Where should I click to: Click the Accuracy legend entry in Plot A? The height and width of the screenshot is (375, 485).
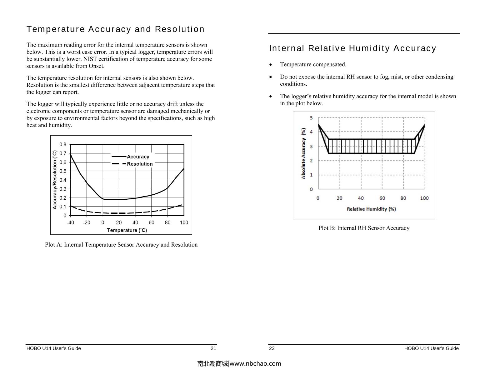click(x=138, y=157)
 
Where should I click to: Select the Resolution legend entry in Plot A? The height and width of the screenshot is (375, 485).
click(x=139, y=164)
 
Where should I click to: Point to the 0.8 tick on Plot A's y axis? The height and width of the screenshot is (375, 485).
click(x=63, y=144)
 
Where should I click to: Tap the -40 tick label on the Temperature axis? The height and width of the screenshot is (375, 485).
click(x=70, y=222)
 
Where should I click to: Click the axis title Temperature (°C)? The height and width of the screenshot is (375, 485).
click(x=127, y=230)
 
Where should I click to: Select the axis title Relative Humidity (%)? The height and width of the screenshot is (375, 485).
click(x=371, y=209)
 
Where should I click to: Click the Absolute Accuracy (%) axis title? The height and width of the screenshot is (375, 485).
click(x=303, y=153)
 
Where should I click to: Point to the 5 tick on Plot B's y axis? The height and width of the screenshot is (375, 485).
click(x=311, y=118)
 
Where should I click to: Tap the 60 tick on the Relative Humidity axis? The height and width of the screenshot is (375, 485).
click(x=382, y=198)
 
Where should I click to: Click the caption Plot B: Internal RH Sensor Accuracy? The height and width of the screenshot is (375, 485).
click(x=364, y=228)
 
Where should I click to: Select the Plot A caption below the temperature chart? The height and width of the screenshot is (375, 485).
click(x=121, y=244)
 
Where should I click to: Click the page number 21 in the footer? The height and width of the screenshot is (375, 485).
click(x=213, y=348)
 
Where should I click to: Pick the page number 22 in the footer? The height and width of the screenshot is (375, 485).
click(x=272, y=348)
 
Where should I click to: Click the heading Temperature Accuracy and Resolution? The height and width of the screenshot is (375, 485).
click(x=115, y=29)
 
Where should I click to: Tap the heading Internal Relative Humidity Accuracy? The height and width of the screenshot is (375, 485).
click(x=352, y=48)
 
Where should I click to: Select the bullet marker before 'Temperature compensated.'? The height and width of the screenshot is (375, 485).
click(x=271, y=65)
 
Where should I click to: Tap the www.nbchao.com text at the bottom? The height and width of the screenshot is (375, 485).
click(x=255, y=363)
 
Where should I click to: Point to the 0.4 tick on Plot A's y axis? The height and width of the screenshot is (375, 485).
click(x=63, y=180)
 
